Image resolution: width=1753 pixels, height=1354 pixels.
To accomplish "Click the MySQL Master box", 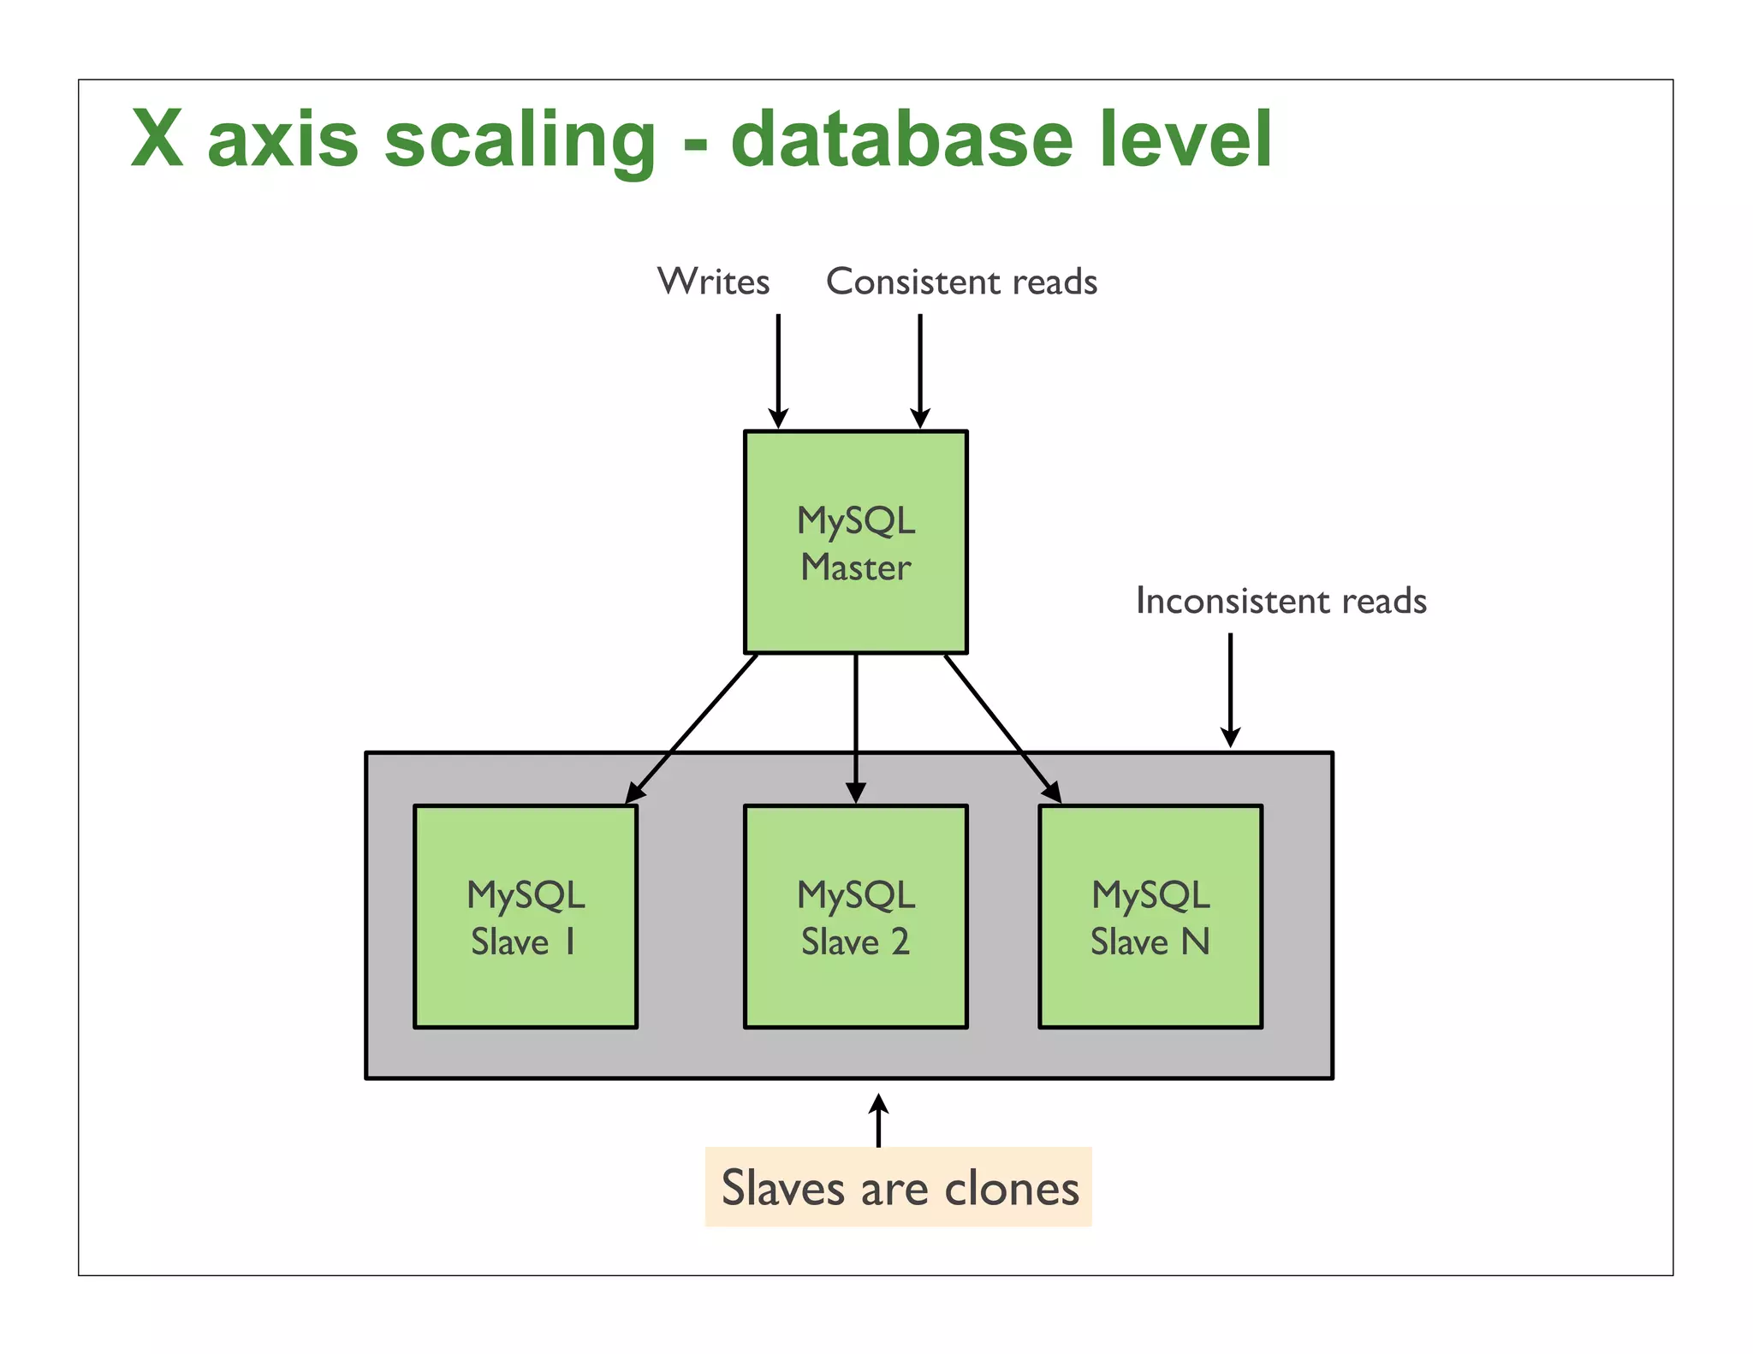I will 855,543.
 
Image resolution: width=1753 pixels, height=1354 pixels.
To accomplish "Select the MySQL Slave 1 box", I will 525,917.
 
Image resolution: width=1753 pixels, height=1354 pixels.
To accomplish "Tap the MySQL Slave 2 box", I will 855,917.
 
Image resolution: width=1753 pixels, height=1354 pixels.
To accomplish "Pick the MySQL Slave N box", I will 1150,917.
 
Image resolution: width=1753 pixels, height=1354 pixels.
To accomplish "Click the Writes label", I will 713,282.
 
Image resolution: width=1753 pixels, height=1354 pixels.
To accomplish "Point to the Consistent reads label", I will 961,282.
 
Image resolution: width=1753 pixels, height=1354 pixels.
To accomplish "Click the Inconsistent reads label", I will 1281,601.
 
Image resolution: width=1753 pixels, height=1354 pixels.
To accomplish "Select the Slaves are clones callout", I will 898,1187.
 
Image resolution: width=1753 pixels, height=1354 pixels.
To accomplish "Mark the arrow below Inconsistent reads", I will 1230,689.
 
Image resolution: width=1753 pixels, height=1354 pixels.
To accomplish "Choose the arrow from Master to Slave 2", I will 855,727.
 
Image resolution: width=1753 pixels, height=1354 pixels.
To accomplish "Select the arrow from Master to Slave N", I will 1002,728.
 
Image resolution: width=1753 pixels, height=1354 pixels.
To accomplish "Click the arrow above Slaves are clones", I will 878,1120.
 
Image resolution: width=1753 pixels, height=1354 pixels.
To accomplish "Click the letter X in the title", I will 157,140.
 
